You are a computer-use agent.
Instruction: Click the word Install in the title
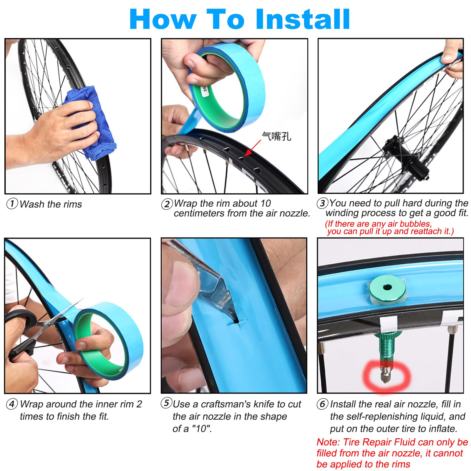pos(303,19)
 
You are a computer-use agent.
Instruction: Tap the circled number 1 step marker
pos(12,203)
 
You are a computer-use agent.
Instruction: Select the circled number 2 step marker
pos(167,204)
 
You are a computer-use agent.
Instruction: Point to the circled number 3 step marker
pos(322,203)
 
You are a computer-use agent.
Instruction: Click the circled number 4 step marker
pos(12,404)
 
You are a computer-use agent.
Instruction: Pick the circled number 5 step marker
pos(166,403)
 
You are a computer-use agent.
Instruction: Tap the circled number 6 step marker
pos(322,404)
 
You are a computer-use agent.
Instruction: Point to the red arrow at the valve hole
pos(253,148)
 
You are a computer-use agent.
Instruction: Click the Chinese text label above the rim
pos(276,136)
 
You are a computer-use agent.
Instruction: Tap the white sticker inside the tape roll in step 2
pos(204,92)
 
